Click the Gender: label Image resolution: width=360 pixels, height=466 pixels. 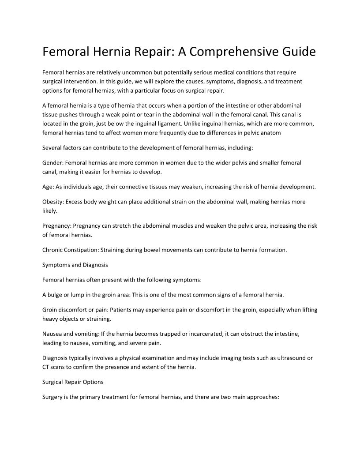click(53, 163)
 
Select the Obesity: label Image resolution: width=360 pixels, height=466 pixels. click(53, 202)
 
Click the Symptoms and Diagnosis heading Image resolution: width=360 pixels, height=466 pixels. click(75, 265)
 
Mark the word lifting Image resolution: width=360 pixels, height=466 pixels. click(307, 310)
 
